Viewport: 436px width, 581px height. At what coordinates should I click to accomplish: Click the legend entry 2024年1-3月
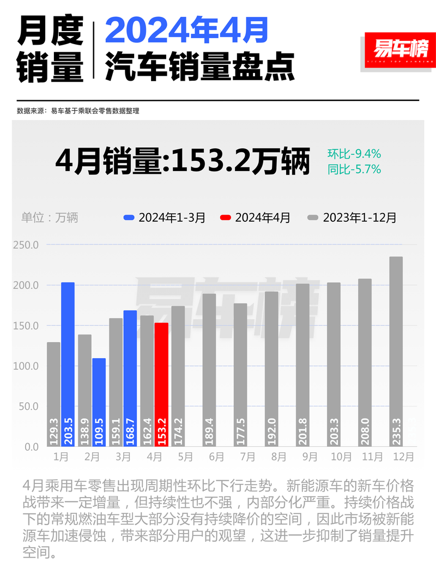pyautogui.click(x=165, y=217)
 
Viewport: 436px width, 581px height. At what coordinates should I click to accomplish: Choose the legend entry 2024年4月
pyautogui.click(x=255, y=217)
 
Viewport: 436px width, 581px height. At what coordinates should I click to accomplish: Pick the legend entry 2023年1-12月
pyautogui.click(x=352, y=217)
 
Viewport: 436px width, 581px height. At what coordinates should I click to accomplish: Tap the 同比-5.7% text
pyautogui.click(x=354, y=169)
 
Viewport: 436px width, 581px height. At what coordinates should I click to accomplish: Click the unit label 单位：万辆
pyautogui.click(x=50, y=217)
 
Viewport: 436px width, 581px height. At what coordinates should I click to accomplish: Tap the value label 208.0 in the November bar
pyautogui.click(x=365, y=429)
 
